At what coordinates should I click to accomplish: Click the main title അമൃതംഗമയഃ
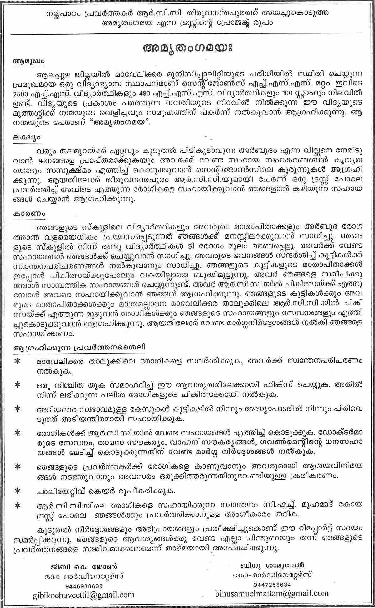(x=188, y=49)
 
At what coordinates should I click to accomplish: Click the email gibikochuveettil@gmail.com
(x=83, y=595)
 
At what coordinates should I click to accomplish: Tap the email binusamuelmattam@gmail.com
(x=272, y=593)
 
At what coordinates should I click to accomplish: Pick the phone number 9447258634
(x=272, y=584)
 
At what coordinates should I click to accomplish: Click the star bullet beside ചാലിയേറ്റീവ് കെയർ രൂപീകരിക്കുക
(x=18, y=490)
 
